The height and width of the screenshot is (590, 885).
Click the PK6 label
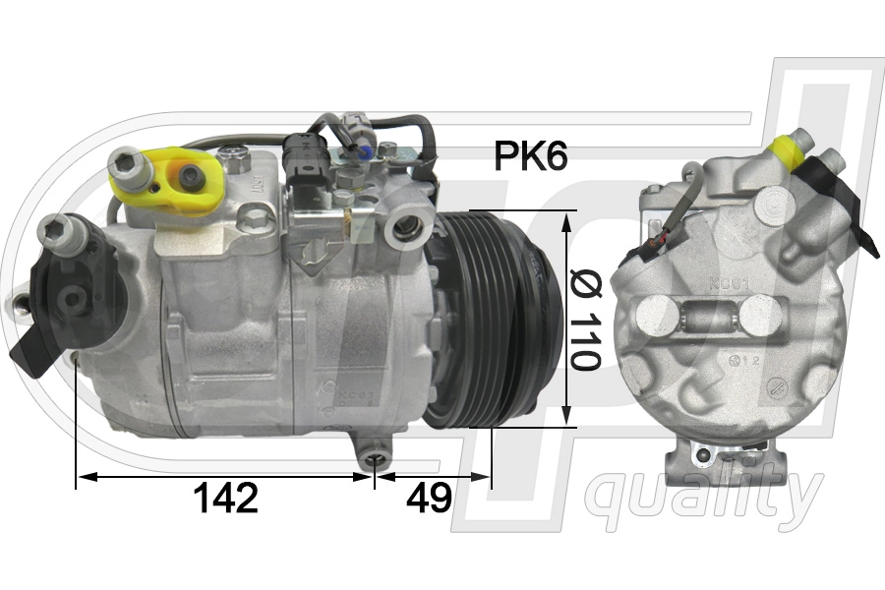coord(530,155)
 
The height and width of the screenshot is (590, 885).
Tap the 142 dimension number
coord(226,498)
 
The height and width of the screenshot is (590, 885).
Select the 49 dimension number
coord(429,498)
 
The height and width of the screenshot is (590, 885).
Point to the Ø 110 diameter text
coord(585,319)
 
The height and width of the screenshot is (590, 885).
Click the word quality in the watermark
coord(703,498)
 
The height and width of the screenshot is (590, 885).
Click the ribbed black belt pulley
coord(491,320)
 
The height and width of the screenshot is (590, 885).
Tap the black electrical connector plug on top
coord(304,165)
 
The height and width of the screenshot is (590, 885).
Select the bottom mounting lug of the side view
coord(374,454)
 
